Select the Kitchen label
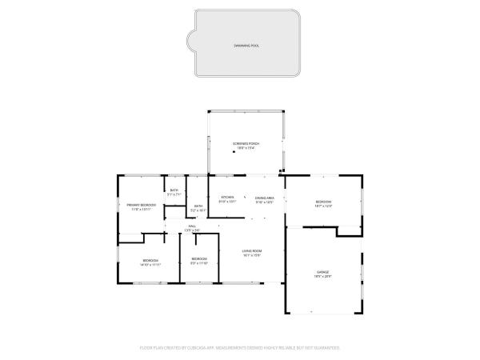pyautogui.click(x=227, y=197)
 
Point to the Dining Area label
pyautogui.click(x=265, y=197)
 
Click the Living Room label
pyautogui.click(x=253, y=251)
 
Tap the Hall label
pyautogui.click(x=193, y=226)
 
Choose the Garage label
pyautogui.click(x=322, y=272)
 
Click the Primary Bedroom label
pyautogui.click(x=141, y=205)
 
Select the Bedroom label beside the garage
pyautogui.click(x=323, y=201)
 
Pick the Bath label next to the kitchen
pyautogui.click(x=199, y=206)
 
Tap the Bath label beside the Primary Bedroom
pyautogui.click(x=174, y=190)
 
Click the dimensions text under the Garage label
pyautogui.click(x=322, y=277)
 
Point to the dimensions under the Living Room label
pyautogui.click(x=253, y=256)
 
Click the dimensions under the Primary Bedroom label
pyautogui.click(x=141, y=210)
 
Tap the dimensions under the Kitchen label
pyautogui.click(x=227, y=202)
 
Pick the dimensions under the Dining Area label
pyautogui.click(x=265, y=202)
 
